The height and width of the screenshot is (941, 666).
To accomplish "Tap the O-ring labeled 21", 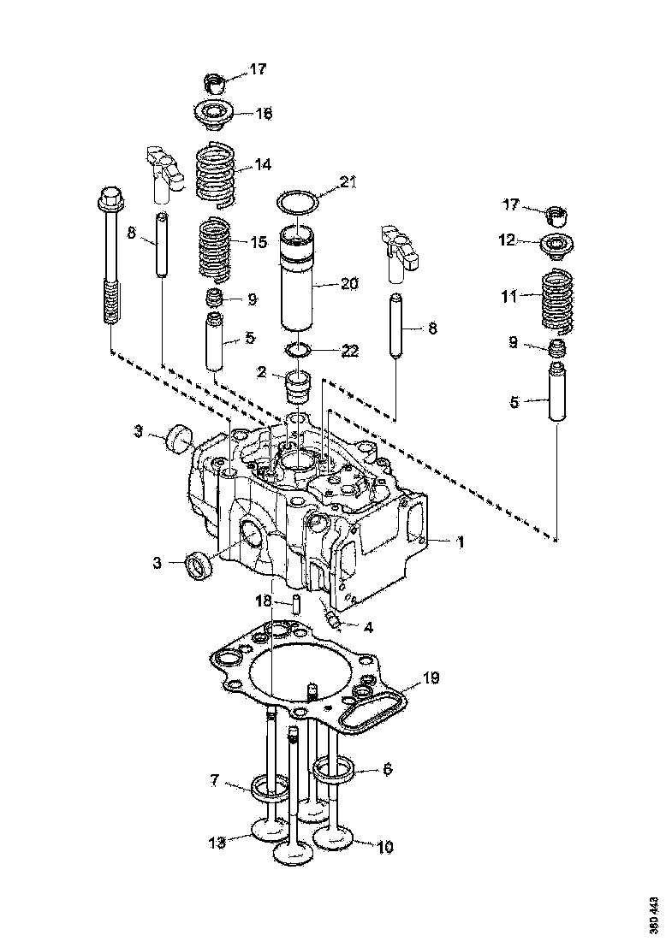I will click(x=297, y=202).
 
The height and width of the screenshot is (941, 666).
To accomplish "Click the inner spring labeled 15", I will click(x=216, y=248).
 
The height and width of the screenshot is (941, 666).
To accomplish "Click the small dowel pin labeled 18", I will click(x=295, y=604).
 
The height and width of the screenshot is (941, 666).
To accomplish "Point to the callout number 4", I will click(x=368, y=627).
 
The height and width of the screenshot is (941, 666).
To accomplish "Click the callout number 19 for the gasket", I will click(x=431, y=678).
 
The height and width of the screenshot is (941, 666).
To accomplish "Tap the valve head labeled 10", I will click(x=336, y=836).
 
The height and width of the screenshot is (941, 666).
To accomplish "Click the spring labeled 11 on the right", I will click(x=559, y=300).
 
